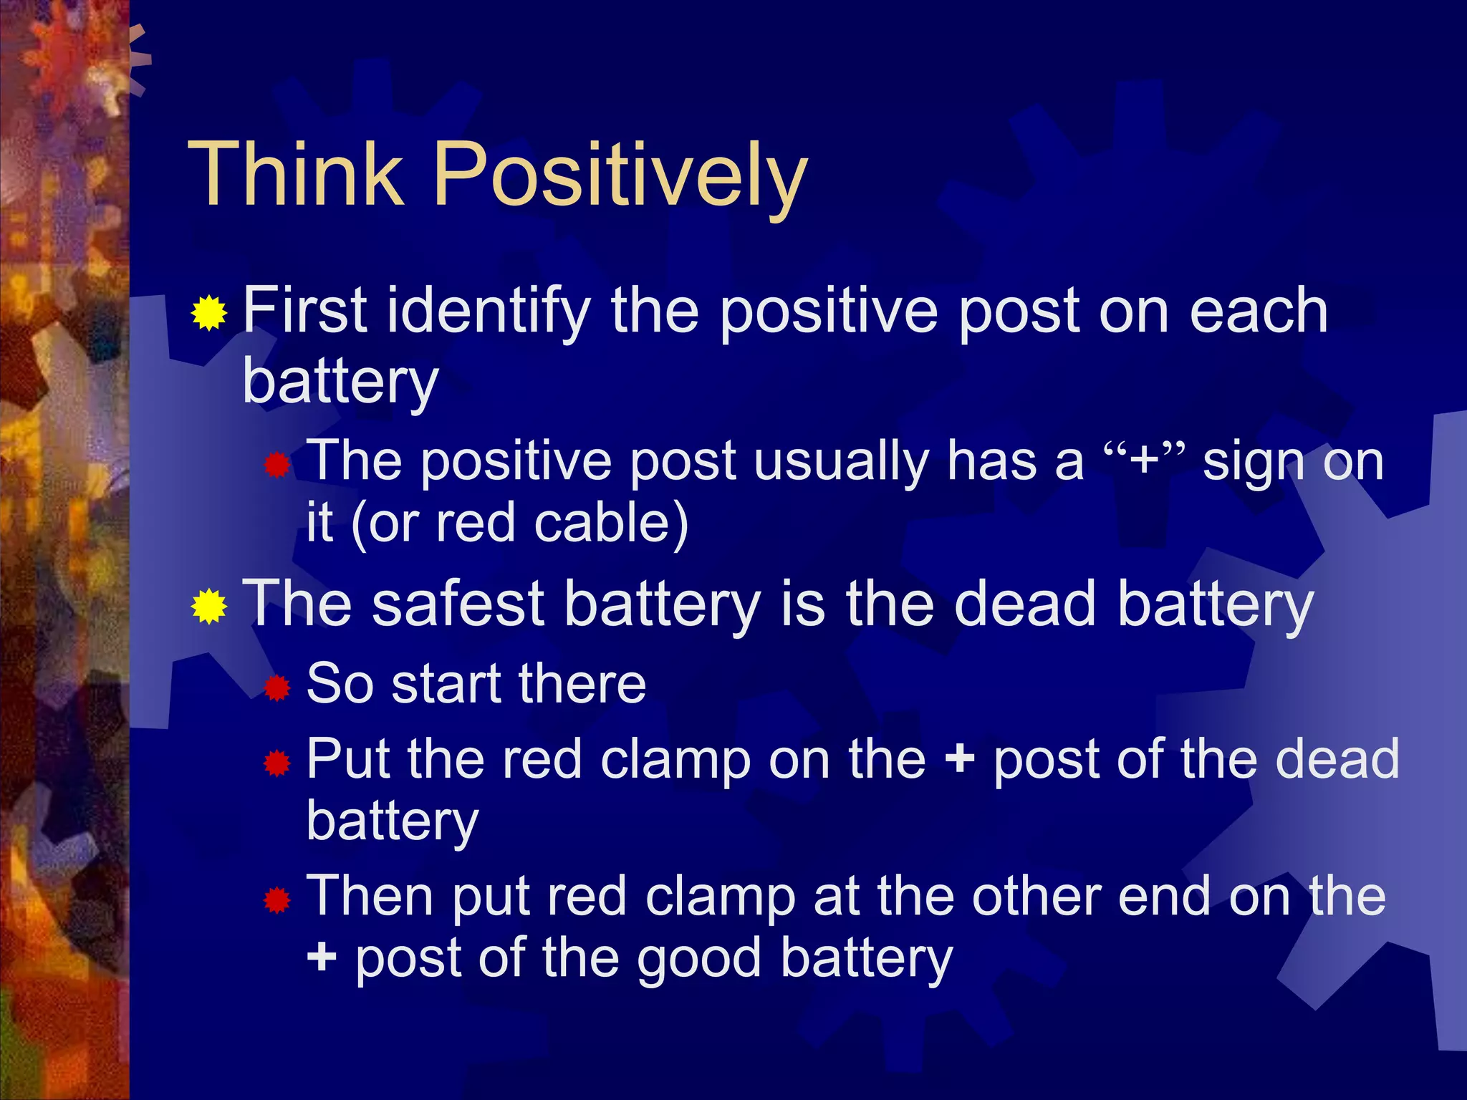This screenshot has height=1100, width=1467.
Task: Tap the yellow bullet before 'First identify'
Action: [x=209, y=313]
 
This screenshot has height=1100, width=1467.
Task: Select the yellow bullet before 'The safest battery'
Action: [x=209, y=607]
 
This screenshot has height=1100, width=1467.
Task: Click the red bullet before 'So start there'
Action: [x=276, y=689]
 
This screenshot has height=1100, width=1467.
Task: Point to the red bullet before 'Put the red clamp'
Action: [x=276, y=764]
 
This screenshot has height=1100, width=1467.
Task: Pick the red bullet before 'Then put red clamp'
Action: [x=276, y=901]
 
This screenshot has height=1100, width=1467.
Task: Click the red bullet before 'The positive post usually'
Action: [x=276, y=466]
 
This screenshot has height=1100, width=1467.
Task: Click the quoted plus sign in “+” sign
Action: [x=1144, y=460]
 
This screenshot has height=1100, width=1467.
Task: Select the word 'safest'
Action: [x=458, y=604]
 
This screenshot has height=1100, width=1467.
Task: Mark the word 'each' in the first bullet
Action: [x=1258, y=311]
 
